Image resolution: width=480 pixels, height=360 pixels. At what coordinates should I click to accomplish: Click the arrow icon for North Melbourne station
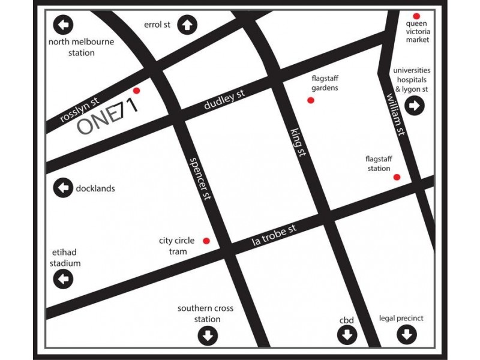pos(63,25)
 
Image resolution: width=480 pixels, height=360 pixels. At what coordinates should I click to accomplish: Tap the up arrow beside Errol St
pos(187,25)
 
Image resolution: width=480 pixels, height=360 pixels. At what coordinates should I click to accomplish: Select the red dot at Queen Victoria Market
pos(416,16)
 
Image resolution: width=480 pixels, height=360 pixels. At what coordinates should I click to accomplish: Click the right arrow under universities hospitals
pos(415,106)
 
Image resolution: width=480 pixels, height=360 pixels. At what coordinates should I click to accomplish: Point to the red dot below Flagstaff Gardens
pos(311,100)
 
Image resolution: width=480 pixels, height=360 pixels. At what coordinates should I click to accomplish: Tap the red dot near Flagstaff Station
pos(397,177)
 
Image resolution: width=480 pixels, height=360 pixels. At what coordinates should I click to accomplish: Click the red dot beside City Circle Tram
pos(206,241)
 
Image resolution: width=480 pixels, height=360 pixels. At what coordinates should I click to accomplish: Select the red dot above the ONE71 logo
pos(136,91)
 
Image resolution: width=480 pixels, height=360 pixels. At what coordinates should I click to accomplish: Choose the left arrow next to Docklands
pos(63,188)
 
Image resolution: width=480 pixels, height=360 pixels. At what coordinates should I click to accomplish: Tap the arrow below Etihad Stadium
pos(63,278)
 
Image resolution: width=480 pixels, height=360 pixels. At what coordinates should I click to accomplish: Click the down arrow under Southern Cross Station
pos(208,335)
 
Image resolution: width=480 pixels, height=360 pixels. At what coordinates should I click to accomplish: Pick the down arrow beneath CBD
pos(347,335)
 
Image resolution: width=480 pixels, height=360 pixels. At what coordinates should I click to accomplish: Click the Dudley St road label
pos(224,100)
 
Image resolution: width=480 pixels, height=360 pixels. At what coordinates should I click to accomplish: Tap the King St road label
pos(298,142)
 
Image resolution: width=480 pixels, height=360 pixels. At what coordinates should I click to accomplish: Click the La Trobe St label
pos(274,236)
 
